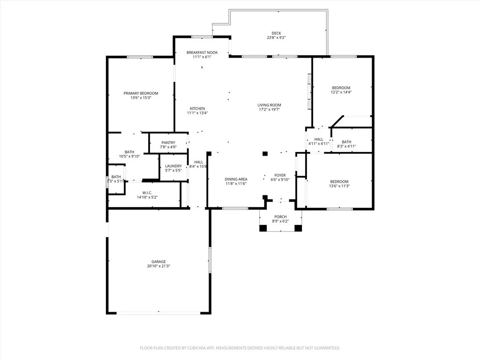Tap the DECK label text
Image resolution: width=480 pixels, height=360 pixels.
click(x=276, y=33)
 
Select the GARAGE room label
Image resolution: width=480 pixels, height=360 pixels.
click(x=158, y=262)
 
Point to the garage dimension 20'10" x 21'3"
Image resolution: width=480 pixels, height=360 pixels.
click(x=158, y=266)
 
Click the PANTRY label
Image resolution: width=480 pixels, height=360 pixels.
click(x=168, y=142)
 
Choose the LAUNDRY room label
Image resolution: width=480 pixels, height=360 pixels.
click(x=173, y=166)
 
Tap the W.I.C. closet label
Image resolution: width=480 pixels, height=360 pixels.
click(x=147, y=193)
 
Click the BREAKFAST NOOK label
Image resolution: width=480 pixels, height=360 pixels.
click(x=202, y=52)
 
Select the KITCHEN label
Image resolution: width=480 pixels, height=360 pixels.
click(x=197, y=108)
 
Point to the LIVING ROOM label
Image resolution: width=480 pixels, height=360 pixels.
click(x=269, y=105)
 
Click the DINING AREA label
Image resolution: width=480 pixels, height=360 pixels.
click(x=236, y=179)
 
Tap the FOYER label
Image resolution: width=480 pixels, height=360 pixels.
click(x=280, y=175)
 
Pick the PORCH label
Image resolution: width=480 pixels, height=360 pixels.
click(x=280, y=217)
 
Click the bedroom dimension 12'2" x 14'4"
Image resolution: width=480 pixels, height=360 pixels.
click(x=341, y=92)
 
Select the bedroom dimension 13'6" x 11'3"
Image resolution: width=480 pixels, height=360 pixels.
click(x=339, y=186)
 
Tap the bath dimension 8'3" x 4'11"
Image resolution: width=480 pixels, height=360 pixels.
click(x=347, y=147)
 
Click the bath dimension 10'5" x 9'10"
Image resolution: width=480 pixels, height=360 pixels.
click(x=129, y=157)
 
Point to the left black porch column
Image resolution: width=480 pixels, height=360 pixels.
click(x=263, y=228)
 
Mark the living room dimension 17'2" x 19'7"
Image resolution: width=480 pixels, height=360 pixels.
click(x=269, y=110)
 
